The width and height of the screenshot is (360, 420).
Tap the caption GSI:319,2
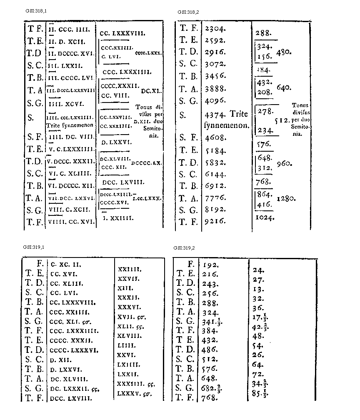184,248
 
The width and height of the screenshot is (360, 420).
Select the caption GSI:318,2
188,12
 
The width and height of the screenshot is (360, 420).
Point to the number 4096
216,101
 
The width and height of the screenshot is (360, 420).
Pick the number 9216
216,222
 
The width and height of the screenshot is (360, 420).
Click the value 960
284,164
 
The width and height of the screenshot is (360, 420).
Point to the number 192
211,264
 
